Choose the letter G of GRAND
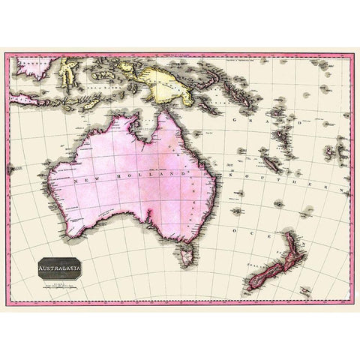(x=237, y=119)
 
